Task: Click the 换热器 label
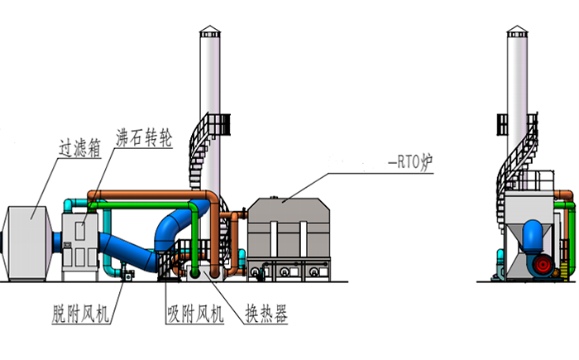pyautogui.click(x=265, y=314)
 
